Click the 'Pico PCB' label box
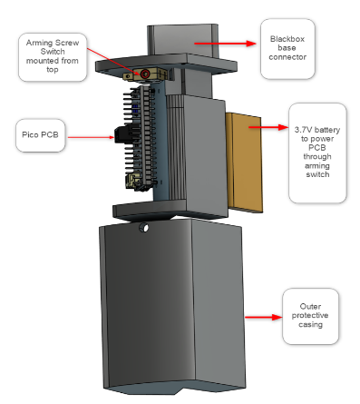tap(41, 135)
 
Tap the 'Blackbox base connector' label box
tap(287, 49)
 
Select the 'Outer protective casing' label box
tap(310, 316)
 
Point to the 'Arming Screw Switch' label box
tap(53, 57)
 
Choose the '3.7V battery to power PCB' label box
tap(317, 153)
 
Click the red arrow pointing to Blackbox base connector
tap(225, 44)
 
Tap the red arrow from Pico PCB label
tap(91, 137)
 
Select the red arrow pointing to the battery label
tap(268, 127)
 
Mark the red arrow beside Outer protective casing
tap(263, 317)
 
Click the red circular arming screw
tap(145, 74)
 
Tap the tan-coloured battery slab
tap(244, 163)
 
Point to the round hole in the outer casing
tap(144, 227)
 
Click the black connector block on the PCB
tap(124, 134)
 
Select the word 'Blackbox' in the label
tap(287, 39)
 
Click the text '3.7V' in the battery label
tap(302, 130)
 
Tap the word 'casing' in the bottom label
tap(310, 325)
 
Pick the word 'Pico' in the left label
tap(29, 135)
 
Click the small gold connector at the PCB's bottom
tap(133, 181)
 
